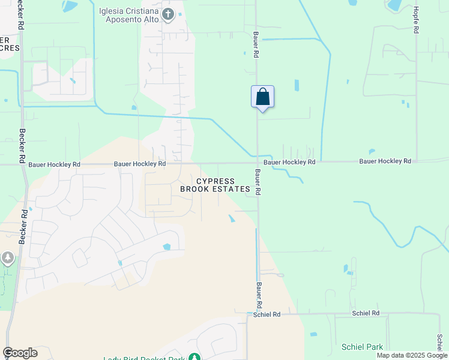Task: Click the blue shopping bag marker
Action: [262, 97]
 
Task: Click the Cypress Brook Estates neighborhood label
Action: [215, 185]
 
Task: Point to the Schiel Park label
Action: [362, 347]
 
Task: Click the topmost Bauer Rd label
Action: [256, 45]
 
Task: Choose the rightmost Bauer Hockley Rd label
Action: [385, 161]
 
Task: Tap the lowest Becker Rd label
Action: [23, 226]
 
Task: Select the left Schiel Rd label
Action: [267, 314]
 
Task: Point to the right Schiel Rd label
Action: [366, 313]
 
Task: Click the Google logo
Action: [20, 353]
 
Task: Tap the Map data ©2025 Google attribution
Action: [412, 355]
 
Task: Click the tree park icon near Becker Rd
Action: [8, 259]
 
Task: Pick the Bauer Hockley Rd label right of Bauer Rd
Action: [289, 162]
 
